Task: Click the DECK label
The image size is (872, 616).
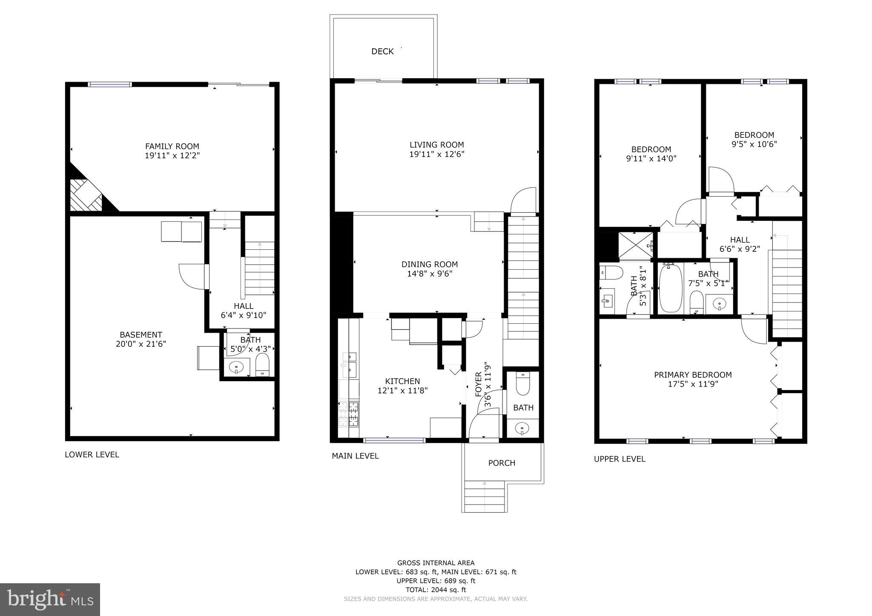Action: tap(382, 51)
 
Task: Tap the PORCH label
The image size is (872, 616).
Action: tap(502, 463)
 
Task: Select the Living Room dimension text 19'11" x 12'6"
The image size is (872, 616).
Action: tap(436, 154)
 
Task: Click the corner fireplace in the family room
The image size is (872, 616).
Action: tap(86, 195)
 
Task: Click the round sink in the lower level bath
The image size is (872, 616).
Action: tap(236, 367)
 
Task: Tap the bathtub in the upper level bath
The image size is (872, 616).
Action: tap(670, 288)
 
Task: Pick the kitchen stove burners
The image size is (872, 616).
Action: tap(348, 414)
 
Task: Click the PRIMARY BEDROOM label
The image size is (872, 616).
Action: tap(693, 375)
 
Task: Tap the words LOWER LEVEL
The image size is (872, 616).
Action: tap(92, 454)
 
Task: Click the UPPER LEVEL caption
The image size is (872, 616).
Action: tap(620, 459)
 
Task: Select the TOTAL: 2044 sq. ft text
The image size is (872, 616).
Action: tap(436, 590)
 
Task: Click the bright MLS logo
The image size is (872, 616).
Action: tap(50, 600)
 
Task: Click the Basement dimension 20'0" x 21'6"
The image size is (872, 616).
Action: tap(141, 344)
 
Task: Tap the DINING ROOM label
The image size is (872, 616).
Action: tap(430, 264)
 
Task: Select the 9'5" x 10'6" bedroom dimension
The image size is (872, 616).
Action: tap(754, 144)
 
